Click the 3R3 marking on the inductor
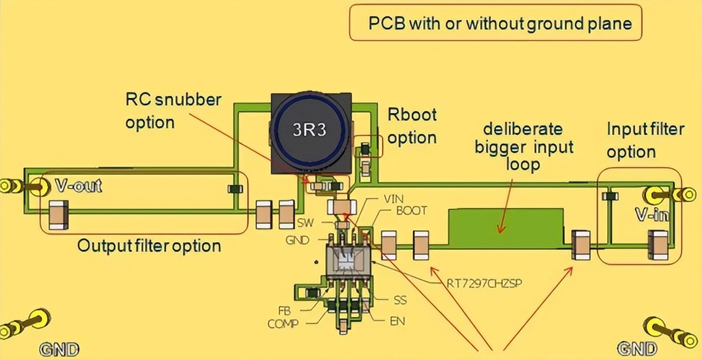310,130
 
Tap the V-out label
79,187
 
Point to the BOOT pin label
411,210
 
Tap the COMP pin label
283,324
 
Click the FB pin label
284,312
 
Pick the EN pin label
397,321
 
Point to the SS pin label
400,299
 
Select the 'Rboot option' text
412,126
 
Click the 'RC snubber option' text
173,111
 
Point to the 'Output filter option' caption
149,246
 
